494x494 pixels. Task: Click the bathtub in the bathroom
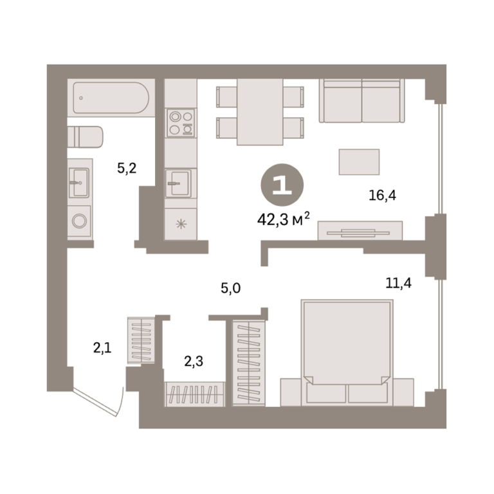[111, 98]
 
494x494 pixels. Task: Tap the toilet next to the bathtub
[85, 137]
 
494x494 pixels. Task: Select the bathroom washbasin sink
[79, 183]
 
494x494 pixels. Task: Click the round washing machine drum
[79, 221]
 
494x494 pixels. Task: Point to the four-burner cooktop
[181, 123]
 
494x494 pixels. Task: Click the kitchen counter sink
[178, 183]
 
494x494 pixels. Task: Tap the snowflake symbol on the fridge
[181, 224]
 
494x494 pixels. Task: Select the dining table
[260, 112]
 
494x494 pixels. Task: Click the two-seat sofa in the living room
[361, 101]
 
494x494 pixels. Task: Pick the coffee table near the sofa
[359, 162]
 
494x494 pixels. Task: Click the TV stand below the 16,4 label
[360, 231]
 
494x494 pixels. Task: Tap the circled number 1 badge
[282, 185]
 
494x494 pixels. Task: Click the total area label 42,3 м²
[283, 219]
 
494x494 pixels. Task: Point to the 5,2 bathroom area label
[127, 169]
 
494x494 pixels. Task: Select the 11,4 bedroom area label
[399, 283]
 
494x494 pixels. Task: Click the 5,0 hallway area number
[231, 288]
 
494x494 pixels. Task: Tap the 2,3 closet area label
[194, 361]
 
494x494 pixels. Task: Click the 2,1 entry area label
[102, 348]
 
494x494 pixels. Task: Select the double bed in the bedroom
[347, 352]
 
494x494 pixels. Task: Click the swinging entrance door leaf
[95, 403]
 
